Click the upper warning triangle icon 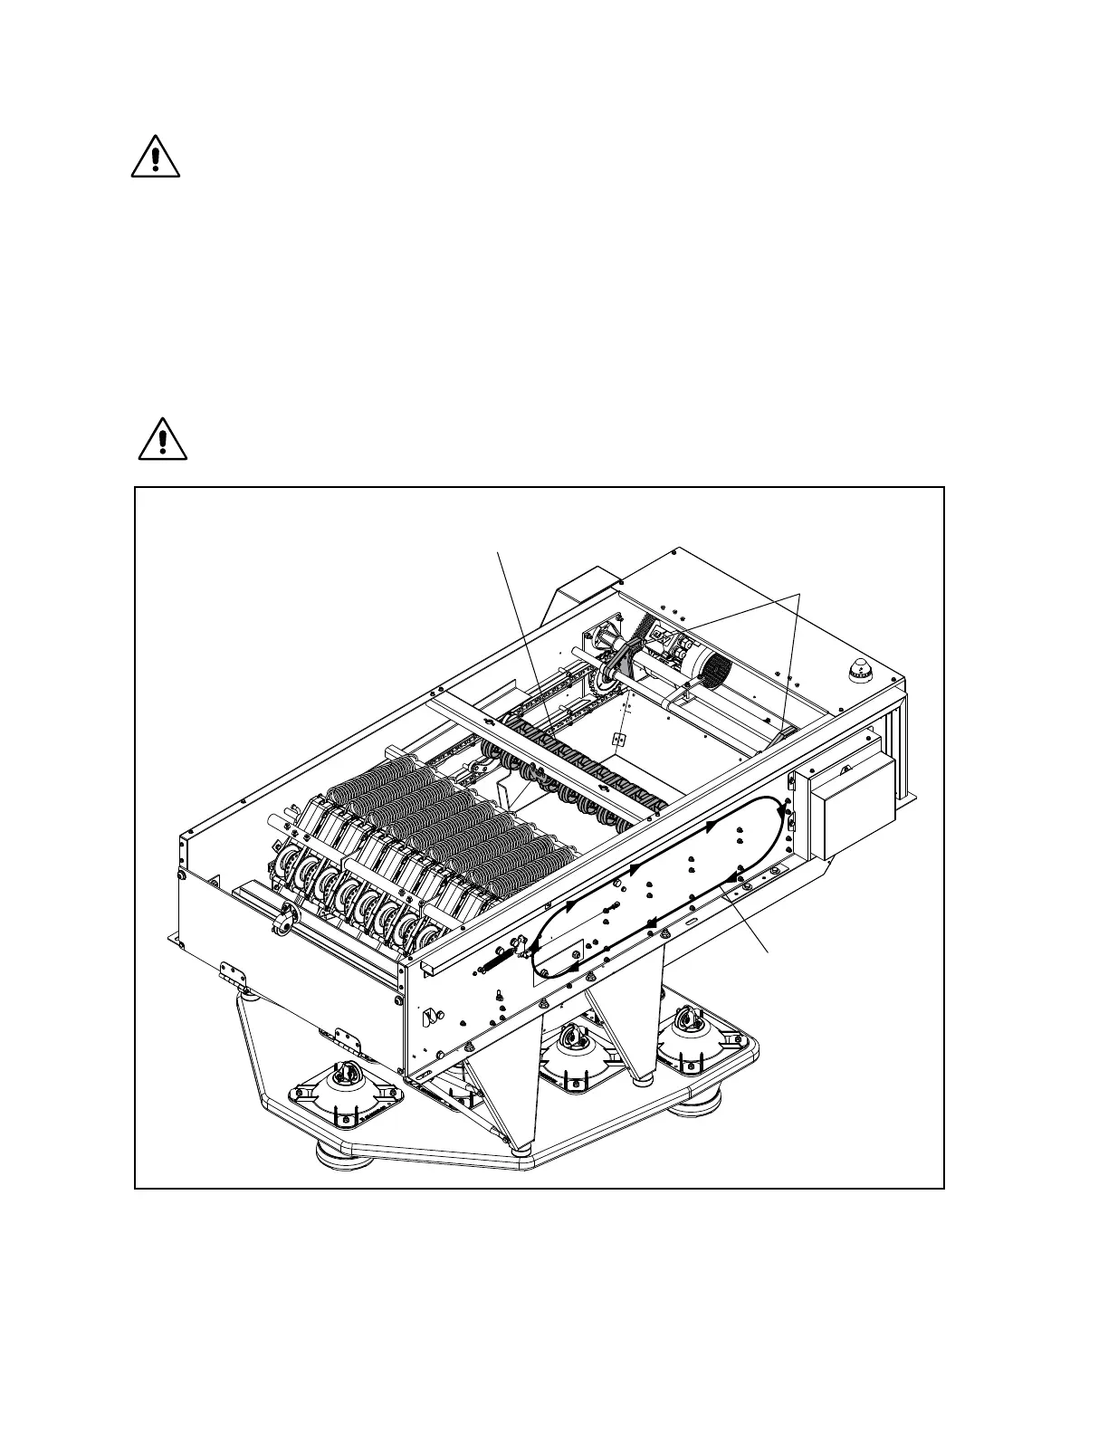(x=156, y=157)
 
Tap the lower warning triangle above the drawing (x=163, y=439)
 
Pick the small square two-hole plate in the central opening (x=619, y=740)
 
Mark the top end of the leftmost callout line (x=499, y=550)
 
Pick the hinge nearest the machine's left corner (x=236, y=974)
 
